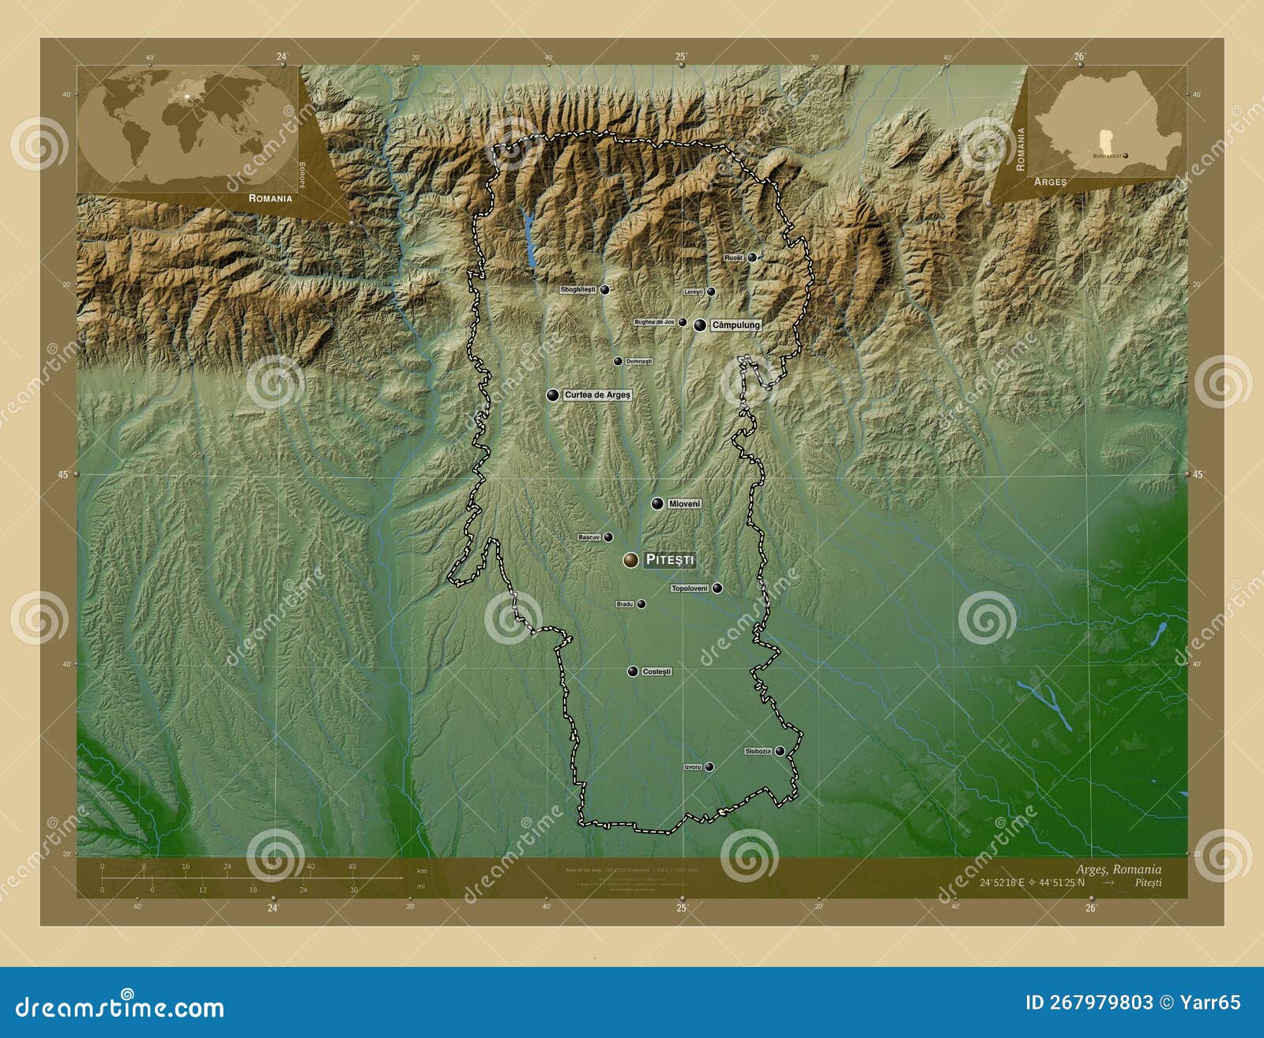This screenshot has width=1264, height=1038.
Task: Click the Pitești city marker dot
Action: tap(630, 560)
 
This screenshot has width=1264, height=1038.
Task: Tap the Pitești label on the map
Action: tap(670, 560)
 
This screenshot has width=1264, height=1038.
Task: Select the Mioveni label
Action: tap(684, 504)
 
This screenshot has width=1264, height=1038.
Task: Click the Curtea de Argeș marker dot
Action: tap(553, 395)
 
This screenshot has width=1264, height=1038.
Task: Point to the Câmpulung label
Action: tap(735, 325)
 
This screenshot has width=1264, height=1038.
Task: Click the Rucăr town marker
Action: tap(752, 258)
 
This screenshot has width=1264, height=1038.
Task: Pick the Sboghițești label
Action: tap(577, 290)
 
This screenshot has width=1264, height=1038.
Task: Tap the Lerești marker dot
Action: tap(711, 291)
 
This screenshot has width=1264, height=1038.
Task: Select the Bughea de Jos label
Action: tap(654, 322)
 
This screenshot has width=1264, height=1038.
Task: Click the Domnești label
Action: tap(638, 362)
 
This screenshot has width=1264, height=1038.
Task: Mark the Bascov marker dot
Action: tap(608, 537)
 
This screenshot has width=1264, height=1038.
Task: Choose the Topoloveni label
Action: tap(690, 589)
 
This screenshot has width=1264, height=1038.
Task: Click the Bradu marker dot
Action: tap(641, 604)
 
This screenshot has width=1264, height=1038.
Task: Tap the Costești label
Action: tap(656, 671)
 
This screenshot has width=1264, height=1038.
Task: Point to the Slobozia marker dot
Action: tap(780, 751)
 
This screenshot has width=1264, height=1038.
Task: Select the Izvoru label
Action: tap(692, 767)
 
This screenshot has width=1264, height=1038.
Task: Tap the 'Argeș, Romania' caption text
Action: tap(1118, 870)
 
